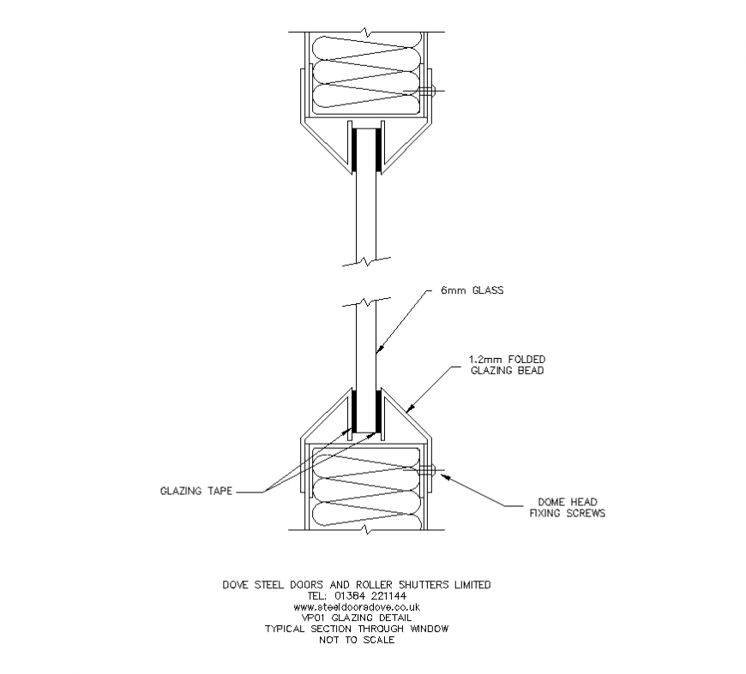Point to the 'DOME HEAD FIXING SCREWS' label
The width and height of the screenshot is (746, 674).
point(567,508)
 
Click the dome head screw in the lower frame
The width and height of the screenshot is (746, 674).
point(429,468)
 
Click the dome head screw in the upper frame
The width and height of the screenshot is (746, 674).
point(429,90)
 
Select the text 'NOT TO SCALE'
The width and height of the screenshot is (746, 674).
point(356,640)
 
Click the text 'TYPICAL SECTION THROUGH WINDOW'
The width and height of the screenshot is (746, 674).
point(356,629)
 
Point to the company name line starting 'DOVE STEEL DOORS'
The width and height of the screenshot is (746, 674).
point(356,585)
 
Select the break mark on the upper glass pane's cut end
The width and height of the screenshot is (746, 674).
point(366,257)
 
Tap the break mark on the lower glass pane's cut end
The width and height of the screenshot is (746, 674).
point(366,303)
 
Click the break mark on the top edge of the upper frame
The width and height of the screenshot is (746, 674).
point(366,33)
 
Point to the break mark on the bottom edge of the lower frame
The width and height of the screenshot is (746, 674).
point(366,530)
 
